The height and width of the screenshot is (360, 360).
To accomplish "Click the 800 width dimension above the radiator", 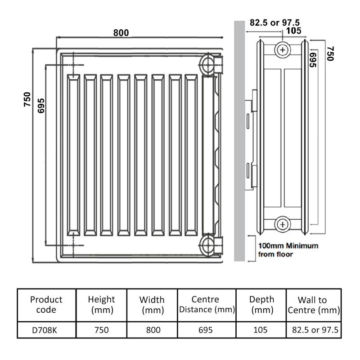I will tap(121, 33).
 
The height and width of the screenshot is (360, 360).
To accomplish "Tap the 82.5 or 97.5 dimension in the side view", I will tap(274, 22).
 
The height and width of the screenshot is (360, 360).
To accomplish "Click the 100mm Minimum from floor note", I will tap(288, 250).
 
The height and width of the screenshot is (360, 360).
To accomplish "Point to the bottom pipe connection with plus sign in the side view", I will tap(283, 223).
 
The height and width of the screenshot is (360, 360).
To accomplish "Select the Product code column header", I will tap(46, 305).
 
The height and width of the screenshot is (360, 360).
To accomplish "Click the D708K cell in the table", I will tap(46, 330).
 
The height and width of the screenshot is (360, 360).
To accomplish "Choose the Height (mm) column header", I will tap(101, 305).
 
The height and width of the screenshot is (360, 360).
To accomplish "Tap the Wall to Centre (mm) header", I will tap(313, 305).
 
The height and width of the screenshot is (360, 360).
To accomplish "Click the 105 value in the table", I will tap(261, 330).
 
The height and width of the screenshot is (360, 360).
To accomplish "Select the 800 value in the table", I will tap(152, 330).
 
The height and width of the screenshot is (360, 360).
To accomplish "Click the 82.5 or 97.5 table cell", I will tap(313, 330).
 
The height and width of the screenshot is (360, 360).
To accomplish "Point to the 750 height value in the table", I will tap(101, 330).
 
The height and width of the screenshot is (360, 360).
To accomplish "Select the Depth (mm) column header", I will tap(261, 305).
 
